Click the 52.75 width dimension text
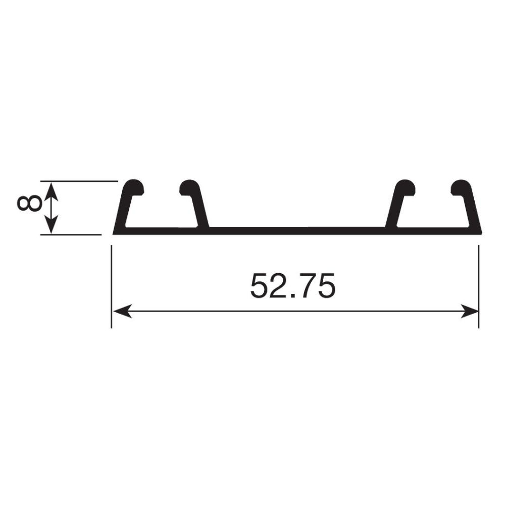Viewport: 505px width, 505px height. (x=293, y=286)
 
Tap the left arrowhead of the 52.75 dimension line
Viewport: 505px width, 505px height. (x=122, y=311)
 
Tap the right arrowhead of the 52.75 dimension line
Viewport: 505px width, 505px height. (x=469, y=311)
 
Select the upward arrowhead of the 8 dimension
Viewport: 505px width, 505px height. (x=51, y=191)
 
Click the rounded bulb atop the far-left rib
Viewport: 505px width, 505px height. (x=134, y=187)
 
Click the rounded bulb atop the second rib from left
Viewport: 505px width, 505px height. (x=190, y=187)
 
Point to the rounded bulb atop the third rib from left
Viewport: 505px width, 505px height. (x=405, y=187)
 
